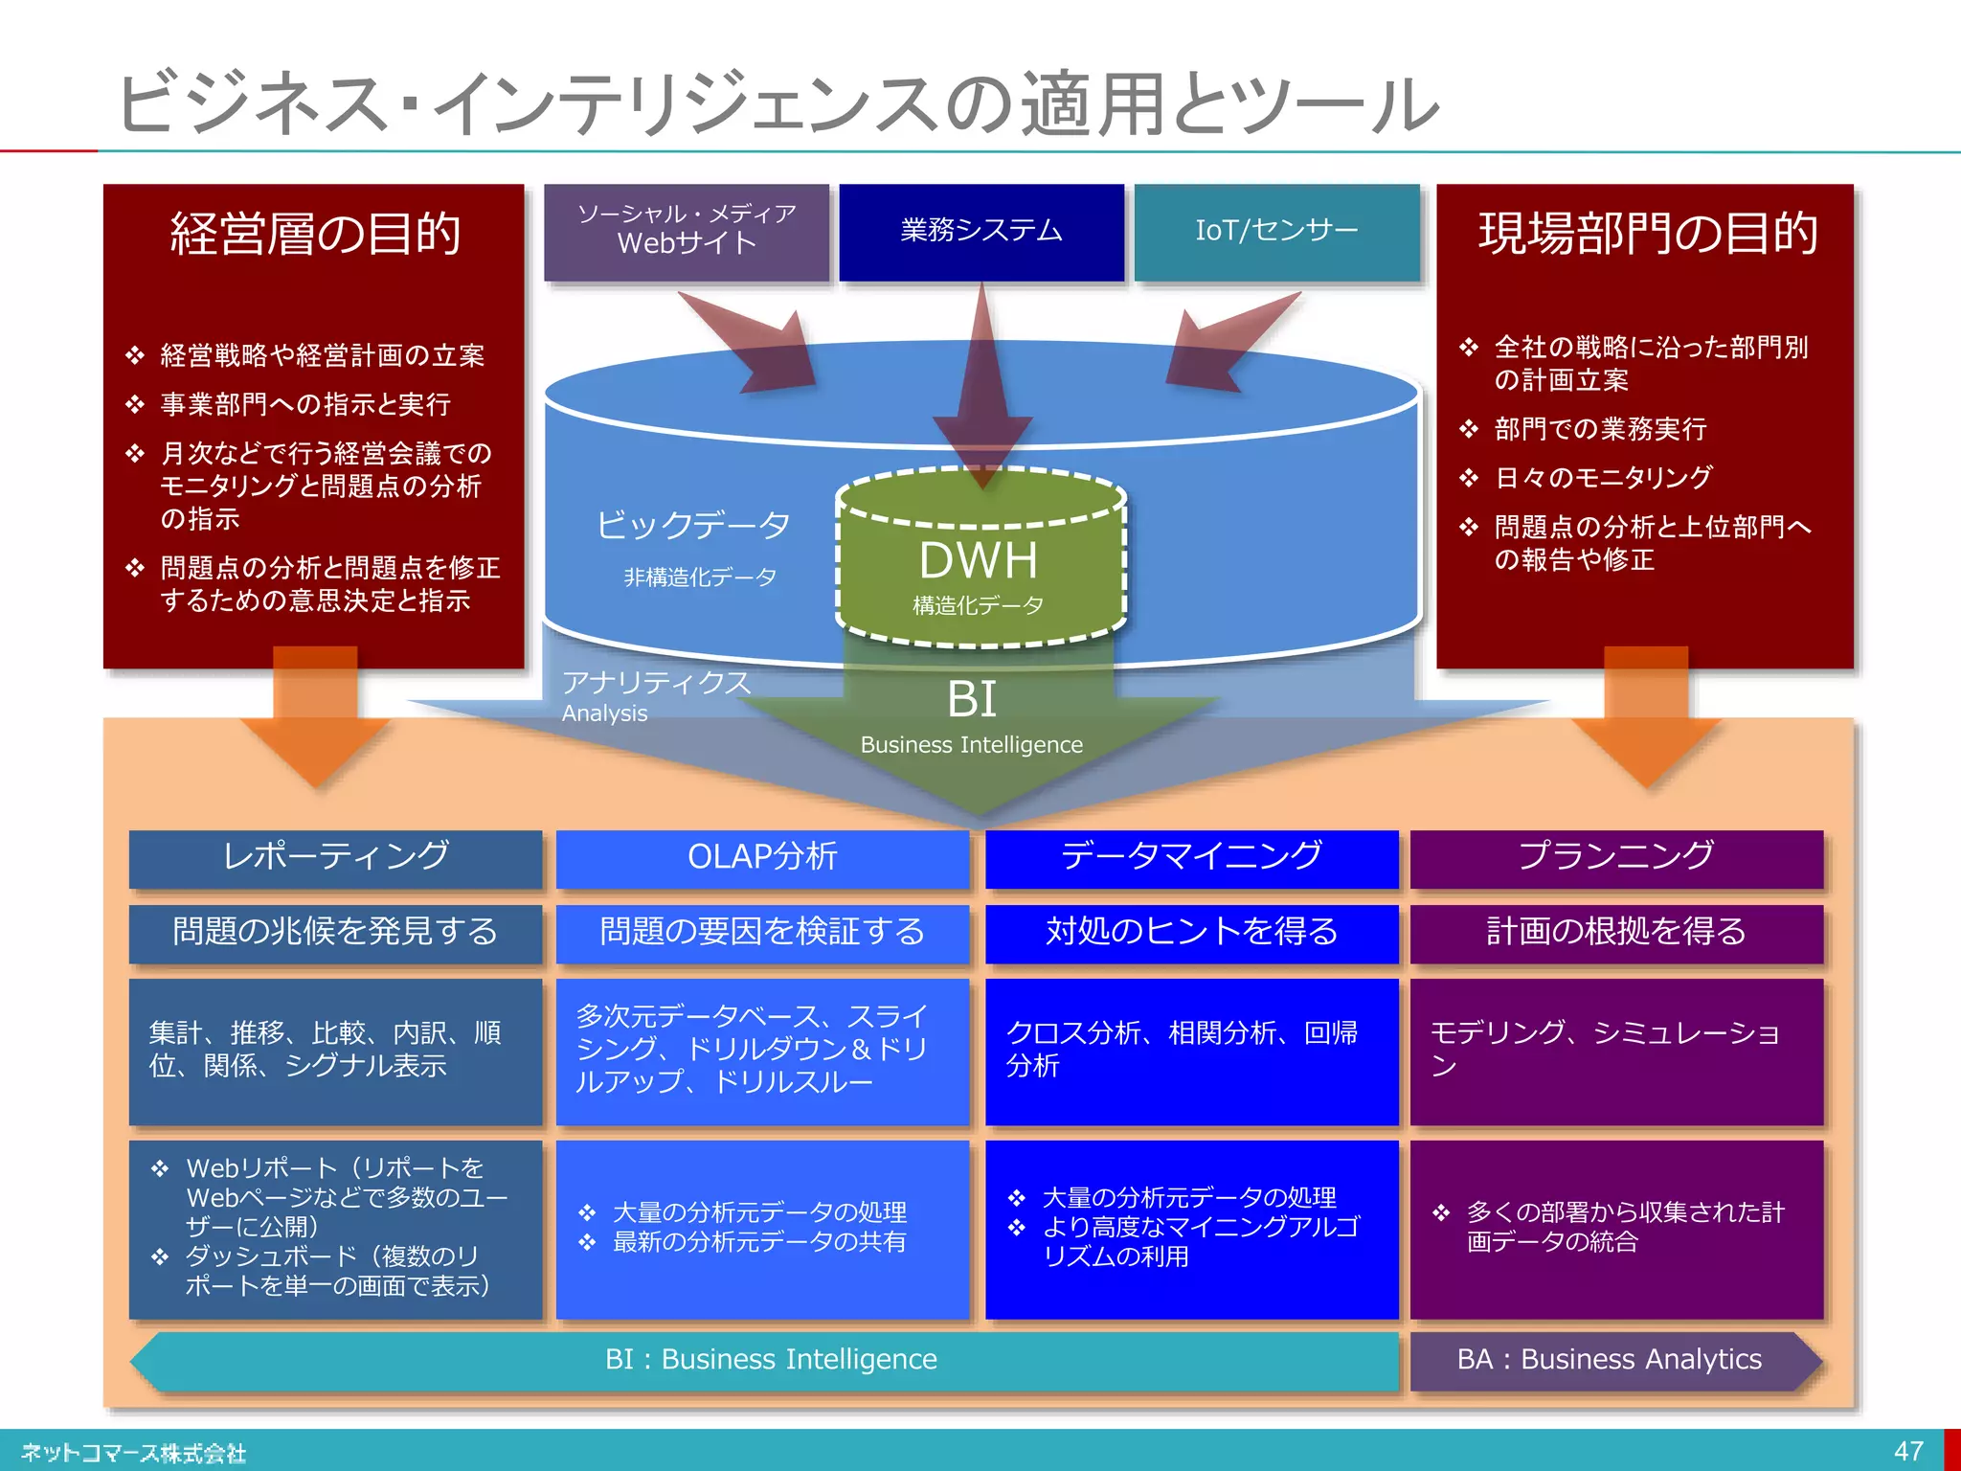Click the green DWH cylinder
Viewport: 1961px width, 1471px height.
coord(980,565)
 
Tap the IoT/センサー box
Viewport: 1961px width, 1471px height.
coord(1276,232)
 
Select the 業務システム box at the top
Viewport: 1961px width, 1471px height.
coord(980,232)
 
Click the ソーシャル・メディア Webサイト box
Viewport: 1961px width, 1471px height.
coord(687,230)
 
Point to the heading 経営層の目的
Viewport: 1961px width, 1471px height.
coord(315,234)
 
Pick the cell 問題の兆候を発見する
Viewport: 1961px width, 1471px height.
coord(335,932)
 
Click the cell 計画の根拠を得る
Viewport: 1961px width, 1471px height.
coord(1616,932)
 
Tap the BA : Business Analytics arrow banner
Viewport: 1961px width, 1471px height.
coord(1611,1360)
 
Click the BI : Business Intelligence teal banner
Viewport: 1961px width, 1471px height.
coord(771,1360)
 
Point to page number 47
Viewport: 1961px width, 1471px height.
coord(1907,1451)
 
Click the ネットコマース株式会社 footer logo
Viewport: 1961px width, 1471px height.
coord(134,1453)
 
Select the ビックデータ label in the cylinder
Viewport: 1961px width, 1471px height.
coord(693,526)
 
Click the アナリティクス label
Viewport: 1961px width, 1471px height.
coord(657,683)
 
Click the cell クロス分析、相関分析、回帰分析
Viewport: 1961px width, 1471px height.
coord(1191,1051)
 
